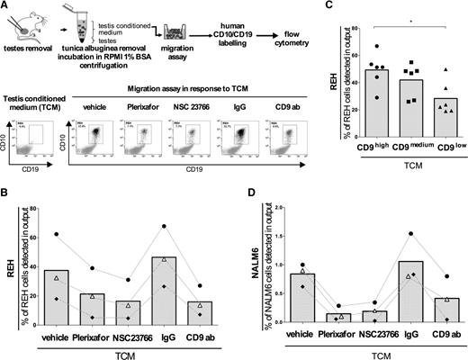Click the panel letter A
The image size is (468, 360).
[5, 6]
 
